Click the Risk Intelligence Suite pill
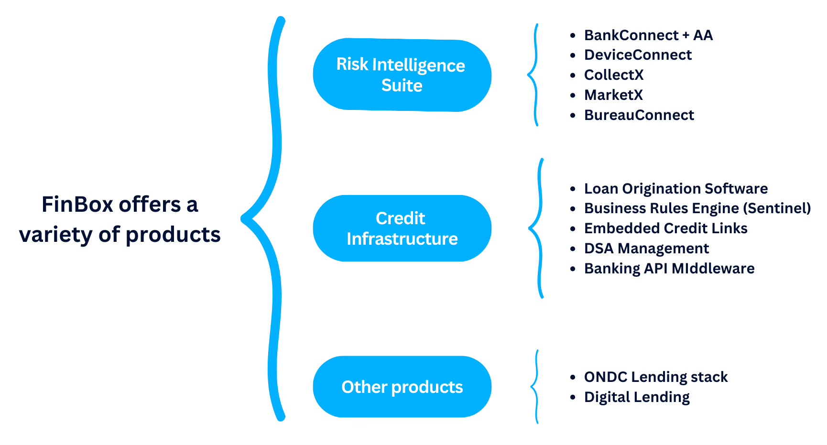402,75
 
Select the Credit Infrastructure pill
402,228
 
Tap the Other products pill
402,387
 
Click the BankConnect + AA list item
648,35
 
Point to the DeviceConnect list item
638,55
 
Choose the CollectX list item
614,75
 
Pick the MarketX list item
613,95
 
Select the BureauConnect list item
639,115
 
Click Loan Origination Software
675,189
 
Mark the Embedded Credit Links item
665,228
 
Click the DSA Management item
646,249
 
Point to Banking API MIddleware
669,269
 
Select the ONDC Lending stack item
655,377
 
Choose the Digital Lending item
637,397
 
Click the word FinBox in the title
76,205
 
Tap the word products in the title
173,235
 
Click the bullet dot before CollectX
573,76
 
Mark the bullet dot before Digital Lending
573,398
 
